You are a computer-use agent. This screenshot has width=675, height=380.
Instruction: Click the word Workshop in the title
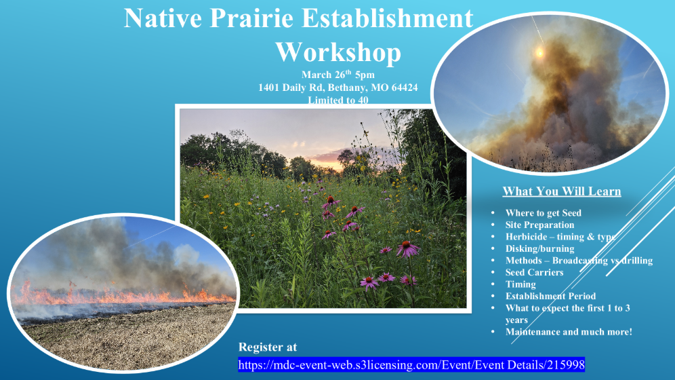click(337, 52)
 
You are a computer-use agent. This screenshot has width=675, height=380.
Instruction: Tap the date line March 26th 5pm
click(337, 75)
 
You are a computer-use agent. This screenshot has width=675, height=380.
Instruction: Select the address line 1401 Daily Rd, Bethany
click(337, 88)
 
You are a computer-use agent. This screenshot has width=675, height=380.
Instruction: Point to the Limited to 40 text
click(337, 100)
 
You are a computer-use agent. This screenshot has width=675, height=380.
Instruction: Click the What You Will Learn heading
click(561, 191)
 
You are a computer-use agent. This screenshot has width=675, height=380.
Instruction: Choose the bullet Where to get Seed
click(543, 213)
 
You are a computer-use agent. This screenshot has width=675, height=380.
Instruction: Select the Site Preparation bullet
click(539, 225)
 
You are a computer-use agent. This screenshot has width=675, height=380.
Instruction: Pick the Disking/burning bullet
click(539, 248)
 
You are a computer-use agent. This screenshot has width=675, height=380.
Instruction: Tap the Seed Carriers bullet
click(534, 272)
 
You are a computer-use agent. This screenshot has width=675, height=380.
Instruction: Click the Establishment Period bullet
click(550, 296)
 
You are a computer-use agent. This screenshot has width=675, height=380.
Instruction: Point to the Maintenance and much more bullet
click(568, 332)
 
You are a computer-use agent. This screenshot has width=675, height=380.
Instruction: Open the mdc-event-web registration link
click(411, 364)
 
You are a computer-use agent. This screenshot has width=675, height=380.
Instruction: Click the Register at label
click(268, 347)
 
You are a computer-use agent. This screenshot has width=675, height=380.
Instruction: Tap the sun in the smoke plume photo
click(540, 52)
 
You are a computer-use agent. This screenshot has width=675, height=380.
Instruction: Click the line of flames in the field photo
click(122, 297)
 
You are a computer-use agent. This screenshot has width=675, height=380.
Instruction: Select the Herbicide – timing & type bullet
click(560, 237)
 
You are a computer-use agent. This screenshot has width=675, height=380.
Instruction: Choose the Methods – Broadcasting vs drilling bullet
click(579, 261)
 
